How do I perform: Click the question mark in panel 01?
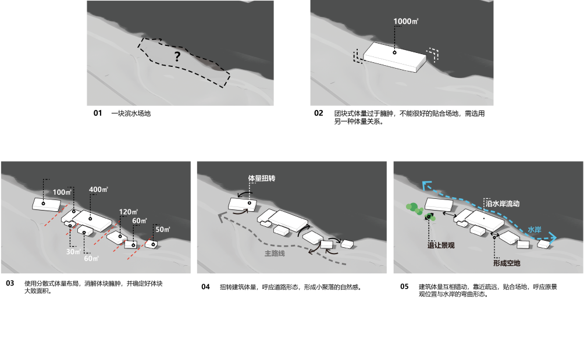(177, 56)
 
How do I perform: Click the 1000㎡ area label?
(405, 21)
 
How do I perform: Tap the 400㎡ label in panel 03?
(98, 190)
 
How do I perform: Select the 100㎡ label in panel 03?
(62, 192)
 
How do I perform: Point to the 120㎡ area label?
(128, 212)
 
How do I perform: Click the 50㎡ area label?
(162, 229)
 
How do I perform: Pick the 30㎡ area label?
(73, 252)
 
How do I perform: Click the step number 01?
(98, 113)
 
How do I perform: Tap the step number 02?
(318, 113)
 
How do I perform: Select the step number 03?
(10, 283)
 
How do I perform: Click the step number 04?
(205, 287)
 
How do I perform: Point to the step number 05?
(404, 286)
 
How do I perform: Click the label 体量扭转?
(262, 179)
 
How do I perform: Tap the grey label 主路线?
(275, 254)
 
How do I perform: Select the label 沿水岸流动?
(503, 204)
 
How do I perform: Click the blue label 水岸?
(535, 230)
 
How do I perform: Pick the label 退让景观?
(441, 245)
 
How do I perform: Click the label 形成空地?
(507, 263)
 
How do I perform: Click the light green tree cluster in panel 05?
(414, 208)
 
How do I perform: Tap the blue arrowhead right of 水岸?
(553, 238)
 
